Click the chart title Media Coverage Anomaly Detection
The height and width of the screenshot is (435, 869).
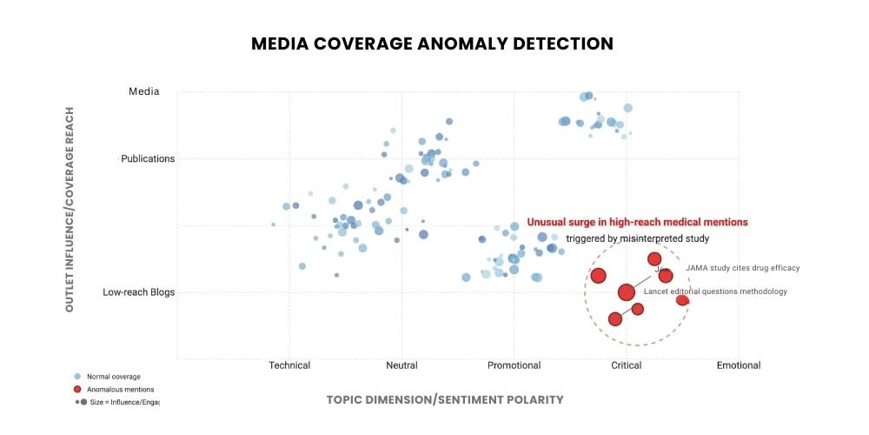(x=432, y=43)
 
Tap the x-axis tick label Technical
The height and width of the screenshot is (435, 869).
(x=289, y=365)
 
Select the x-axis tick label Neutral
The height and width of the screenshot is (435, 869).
(x=401, y=365)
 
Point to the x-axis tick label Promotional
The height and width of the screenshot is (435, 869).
(x=514, y=365)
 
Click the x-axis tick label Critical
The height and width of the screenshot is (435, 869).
(x=626, y=365)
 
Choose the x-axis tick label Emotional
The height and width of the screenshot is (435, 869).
(x=738, y=365)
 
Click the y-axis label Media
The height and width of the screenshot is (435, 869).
(x=144, y=91)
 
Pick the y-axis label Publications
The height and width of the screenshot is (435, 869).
(x=148, y=158)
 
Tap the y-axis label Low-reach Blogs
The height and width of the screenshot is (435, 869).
(x=139, y=292)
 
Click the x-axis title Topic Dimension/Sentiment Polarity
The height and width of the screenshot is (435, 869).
(x=444, y=399)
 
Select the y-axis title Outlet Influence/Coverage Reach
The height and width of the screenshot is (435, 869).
(x=69, y=210)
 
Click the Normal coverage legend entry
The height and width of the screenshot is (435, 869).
(x=109, y=377)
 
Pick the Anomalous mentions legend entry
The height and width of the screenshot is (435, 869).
(x=114, y=389)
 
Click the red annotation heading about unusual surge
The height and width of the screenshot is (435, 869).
(x=637, y=223)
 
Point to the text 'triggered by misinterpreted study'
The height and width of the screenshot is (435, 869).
(x=638, y=238)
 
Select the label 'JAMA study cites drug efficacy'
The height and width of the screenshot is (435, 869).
(x=742, y=268)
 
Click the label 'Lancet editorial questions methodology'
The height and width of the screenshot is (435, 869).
(x=715, y=291)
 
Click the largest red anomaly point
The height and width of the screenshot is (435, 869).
(x=627, y=292)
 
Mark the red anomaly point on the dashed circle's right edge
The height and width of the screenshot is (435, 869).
(x=682, y=300)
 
